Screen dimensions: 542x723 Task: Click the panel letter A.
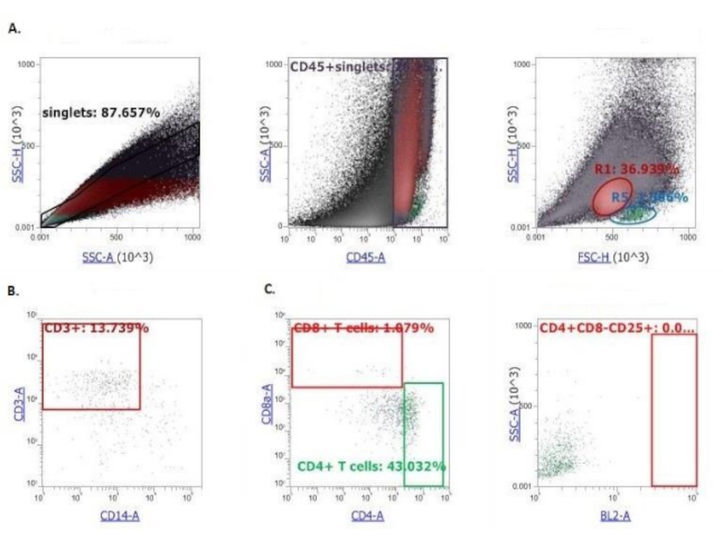(x=14, y=29)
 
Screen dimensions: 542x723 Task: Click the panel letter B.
(x=13, y=291)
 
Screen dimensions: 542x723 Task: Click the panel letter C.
(x=269, y=289)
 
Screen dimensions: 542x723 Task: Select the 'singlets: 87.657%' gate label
(x=101, y=113)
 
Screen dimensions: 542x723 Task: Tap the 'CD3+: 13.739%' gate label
(x=96, y=328)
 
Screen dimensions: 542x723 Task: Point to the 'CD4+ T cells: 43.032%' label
(x=371, y=466)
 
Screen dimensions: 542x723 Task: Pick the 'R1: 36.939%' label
(x=636, y=169)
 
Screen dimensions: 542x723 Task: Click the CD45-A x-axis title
(x=366, y=257)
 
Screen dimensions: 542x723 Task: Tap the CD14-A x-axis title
(x=120, y=516)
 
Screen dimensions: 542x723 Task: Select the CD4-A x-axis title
(x=368, y=516)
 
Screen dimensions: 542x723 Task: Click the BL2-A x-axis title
(x=615, y=516)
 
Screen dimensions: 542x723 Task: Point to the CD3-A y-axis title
(x=19, y=404)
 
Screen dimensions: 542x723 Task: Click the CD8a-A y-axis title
(x=267, y=404)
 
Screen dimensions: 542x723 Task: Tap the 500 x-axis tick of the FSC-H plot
(x=612, y=237)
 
